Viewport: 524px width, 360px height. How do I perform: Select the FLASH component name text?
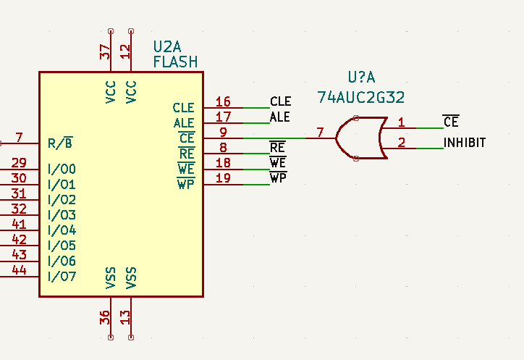click(175, 62)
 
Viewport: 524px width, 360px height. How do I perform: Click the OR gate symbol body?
click(360, 138)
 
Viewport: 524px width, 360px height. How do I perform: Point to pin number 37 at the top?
click(106, 51)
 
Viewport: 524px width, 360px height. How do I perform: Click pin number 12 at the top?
click(126, 51)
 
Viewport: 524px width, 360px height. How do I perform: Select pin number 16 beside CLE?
click(223, 102)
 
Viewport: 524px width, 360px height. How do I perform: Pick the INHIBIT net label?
click(464, 143)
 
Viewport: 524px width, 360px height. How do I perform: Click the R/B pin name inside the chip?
click(60, 143)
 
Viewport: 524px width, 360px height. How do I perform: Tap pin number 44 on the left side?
click(20, 270)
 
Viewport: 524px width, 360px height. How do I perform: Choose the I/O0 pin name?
click(62, 169)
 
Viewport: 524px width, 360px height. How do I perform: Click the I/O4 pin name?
click(62, 230)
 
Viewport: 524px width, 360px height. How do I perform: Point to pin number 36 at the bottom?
click(106, 317)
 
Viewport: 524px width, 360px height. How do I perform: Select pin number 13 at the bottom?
click(126, 317)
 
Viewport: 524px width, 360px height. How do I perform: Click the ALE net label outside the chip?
click(279, 117)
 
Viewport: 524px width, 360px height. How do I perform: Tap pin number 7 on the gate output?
click(319, 133)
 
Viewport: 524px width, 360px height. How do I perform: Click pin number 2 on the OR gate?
click(402, 143)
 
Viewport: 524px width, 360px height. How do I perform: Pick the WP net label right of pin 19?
click(278, 177)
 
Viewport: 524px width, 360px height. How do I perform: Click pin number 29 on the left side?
click(20, 163)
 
